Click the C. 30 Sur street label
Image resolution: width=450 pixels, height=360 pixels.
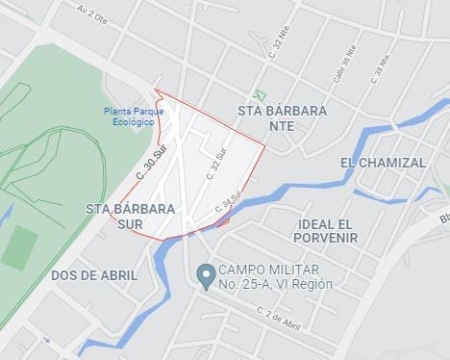tap(152, 164)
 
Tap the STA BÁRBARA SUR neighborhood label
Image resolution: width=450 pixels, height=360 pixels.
tap(130, 216)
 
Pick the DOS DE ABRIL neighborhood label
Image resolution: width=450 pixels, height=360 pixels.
tap(94, 274)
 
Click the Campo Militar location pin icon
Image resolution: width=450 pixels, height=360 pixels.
tap(205, 275)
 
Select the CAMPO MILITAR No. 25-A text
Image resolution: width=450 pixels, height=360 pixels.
tap(275, 276)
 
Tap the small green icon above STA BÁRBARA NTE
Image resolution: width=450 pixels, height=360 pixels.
tap(257, 94)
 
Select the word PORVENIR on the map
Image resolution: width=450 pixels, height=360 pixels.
tap(327, 237)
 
